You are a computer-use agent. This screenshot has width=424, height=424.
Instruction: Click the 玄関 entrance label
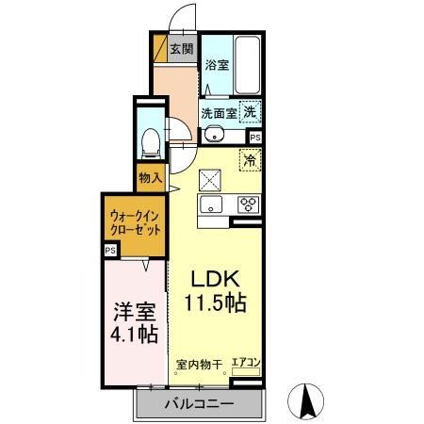click(x=181, y=50)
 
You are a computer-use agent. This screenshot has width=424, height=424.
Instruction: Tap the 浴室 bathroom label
click(x=216, y=66)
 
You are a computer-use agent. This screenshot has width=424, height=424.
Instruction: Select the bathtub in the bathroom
click(x=247, y=65)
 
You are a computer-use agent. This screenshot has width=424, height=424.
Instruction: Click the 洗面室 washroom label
click(x=217, y=113)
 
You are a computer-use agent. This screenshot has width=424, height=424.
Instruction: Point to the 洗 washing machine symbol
click(x=250, y=111)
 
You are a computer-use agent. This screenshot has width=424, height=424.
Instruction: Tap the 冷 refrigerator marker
click(x=251, y=160)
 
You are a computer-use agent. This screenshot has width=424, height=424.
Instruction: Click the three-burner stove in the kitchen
click(x=249, y=204)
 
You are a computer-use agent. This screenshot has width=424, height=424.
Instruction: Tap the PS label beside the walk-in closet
click(x=110, y=251)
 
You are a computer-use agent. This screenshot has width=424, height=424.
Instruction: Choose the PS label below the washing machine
click(x=255, y=136)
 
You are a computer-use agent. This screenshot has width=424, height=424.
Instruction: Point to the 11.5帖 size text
click(x=216, y=304)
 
